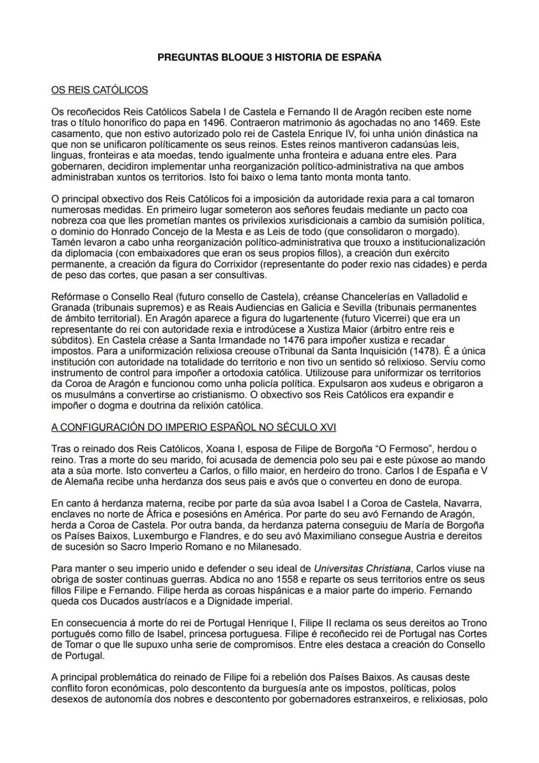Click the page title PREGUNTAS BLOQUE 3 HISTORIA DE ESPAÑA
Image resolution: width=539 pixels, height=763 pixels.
tap(269, 57)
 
